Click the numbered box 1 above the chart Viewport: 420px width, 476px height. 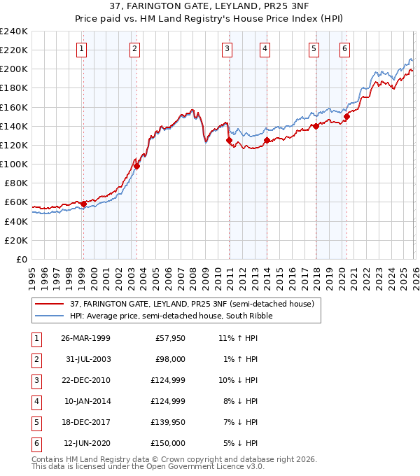coord(83,48)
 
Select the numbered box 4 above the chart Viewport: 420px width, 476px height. coord(265,48)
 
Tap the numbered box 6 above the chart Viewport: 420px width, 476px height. coord(345,48)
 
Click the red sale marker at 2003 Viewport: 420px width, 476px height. coord(137,166)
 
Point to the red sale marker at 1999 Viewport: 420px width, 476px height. coord(83,204)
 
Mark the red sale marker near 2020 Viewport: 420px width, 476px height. coord(346,116)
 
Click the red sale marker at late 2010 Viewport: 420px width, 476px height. coord(229,140)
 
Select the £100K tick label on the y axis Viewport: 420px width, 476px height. coord(14,164)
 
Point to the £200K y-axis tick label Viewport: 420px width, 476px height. coord(14,69)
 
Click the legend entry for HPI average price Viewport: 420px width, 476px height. coord(171,316)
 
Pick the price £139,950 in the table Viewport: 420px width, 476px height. coord(169,421)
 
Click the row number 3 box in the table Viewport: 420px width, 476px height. coord(36,379)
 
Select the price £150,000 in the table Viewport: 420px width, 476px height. coord(169,442)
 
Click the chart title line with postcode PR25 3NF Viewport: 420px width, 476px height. coord(210,6)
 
